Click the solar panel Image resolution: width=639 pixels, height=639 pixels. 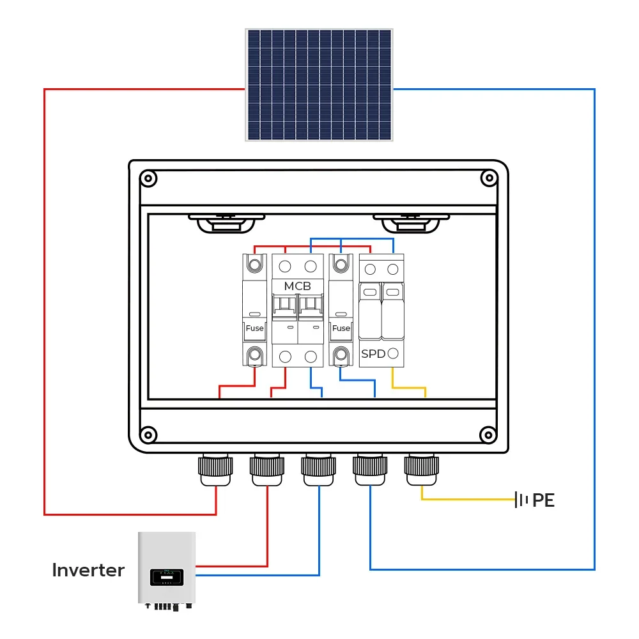pos(319,84)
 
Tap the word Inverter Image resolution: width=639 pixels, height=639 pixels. pos(88,570)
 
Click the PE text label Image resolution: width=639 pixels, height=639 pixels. pos(543,500)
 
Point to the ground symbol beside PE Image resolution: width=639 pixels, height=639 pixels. pos(523,500)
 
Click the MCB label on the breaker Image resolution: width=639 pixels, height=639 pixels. pos(297,286)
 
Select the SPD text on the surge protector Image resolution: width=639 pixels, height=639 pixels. pos(373,353)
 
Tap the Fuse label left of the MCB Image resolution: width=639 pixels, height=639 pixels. pos(254,328)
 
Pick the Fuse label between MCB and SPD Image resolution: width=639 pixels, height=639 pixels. pos(341,328)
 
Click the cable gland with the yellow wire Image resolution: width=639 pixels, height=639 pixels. pos(421,470)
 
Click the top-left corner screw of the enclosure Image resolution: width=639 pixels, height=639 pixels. pos(148,178)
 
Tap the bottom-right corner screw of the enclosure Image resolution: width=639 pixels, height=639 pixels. pos(489,435)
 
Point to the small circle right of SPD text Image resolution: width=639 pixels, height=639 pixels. pos(394,353)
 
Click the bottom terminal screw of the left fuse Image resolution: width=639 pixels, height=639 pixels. pos(254,353)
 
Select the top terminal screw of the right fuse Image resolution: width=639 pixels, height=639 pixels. pos(341,263)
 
